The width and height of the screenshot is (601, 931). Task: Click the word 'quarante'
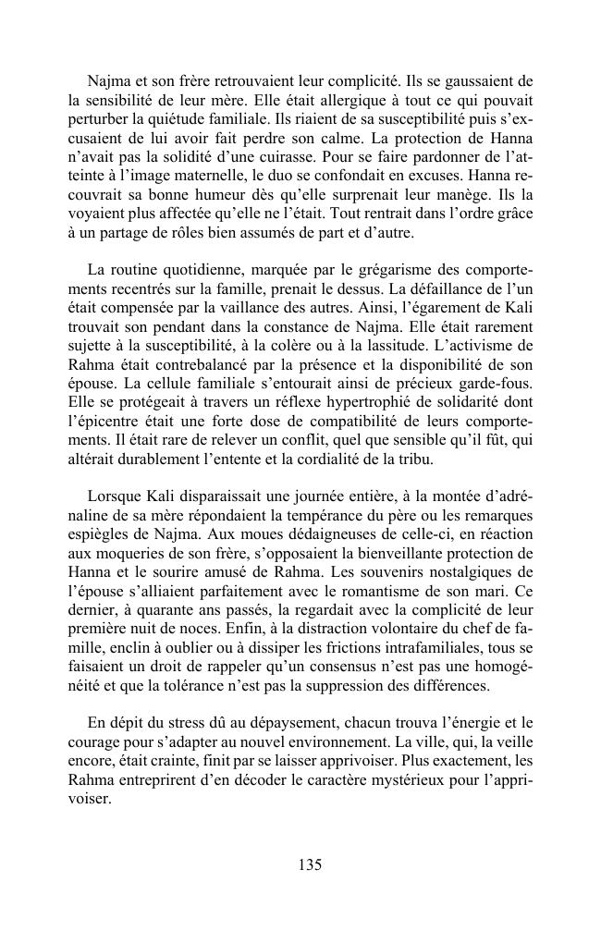point(167,609)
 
